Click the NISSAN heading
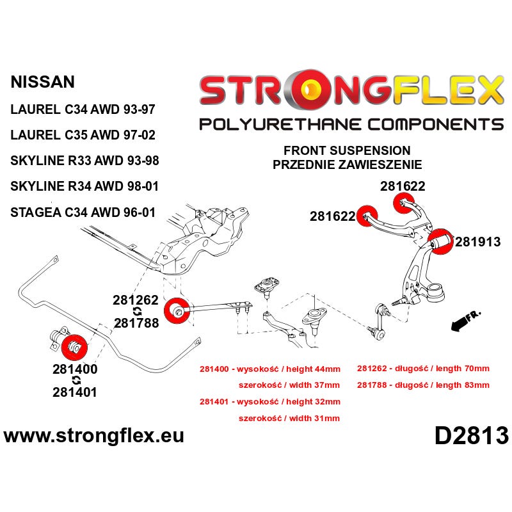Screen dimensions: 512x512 tap(43, 82)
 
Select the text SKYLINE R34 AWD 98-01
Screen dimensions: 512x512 tap(84, 186)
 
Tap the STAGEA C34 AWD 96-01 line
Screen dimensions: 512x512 tap(83, 212)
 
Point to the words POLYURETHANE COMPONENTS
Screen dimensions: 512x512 tap(351, 124)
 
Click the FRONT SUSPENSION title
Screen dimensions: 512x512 tap(347, 150)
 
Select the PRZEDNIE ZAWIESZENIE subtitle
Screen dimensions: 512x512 tap(347, 164)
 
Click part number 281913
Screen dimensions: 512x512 tap(477, 242)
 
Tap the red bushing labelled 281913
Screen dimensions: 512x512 tap(440, 243)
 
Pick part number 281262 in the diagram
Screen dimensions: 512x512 tap(136, 300)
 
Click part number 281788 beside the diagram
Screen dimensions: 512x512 tap(136, 323)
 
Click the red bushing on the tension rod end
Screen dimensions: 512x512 tap(177, 310)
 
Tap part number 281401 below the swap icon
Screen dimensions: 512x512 tap(75, 392)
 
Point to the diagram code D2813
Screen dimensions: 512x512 tap(472, 436)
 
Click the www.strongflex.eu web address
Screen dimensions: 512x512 tap(94, 436)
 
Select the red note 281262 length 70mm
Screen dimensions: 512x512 tap(423, 369)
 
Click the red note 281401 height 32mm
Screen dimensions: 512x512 tap(269, 402)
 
